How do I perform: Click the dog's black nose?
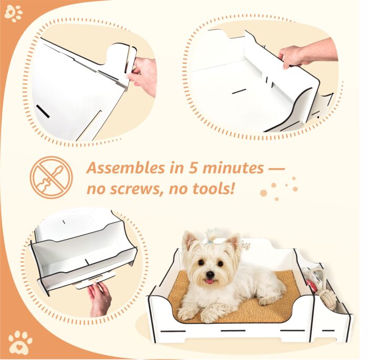pyautogui.click(x=210, y=274)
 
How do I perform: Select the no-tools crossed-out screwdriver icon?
pyautogui.click(x=51, y=178)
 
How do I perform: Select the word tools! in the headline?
pyautogui.click(x=212, y=188)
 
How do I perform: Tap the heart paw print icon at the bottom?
pyautogui.click(x=20, y=340)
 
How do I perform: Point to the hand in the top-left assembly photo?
pyautogui.click(x=142, y=76)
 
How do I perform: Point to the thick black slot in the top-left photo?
pyautogui.click(x=43, y=111)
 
